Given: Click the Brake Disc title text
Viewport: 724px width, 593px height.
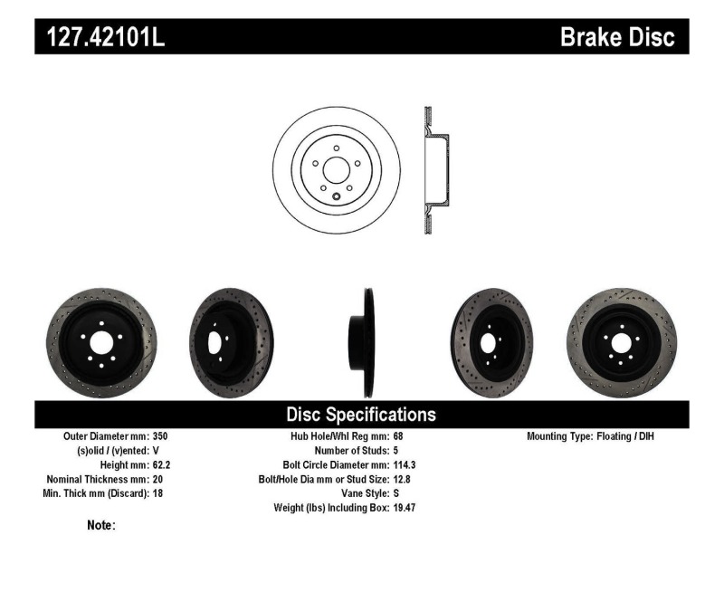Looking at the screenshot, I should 617,37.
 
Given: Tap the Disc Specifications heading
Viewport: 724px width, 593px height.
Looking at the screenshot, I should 361,415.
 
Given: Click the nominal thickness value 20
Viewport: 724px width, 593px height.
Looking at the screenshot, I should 159,479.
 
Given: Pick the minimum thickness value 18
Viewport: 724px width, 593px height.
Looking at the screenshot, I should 159,493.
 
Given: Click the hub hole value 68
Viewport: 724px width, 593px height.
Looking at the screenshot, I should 399,436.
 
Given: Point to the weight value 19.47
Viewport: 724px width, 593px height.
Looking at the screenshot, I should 405,508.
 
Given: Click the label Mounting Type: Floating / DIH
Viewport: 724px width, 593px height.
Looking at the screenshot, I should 590,436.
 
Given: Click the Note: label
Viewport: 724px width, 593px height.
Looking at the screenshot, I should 101,525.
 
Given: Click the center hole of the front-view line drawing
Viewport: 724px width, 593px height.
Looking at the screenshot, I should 336,170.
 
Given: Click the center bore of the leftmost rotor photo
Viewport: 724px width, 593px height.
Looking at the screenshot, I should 100,342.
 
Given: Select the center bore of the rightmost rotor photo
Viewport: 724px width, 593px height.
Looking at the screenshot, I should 620,342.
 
